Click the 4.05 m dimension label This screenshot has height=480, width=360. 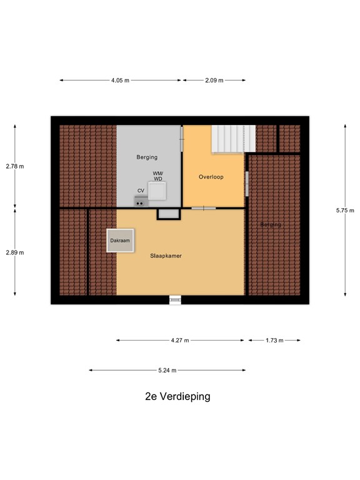[120, 81]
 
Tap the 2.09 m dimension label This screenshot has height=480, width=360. [213, 81]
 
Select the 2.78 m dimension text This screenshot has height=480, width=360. [15, 166]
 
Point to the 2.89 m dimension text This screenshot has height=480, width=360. [15, 252]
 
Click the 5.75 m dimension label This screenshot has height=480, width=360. [345, 211]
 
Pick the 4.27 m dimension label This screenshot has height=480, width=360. [179, 341]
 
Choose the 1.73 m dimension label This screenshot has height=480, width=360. [274, 341]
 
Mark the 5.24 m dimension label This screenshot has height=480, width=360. [167, 371]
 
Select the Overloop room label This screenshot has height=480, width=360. [211, 177]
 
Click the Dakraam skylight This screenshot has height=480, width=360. [120, 240]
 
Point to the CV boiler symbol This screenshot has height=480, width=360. [141, 201]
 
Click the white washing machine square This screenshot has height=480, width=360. [157, 191]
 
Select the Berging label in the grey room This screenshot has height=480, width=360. [147, 157]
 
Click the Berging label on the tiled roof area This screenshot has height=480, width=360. [271, 224]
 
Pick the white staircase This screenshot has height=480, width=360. [233, 138]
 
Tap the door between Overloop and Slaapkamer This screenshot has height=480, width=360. [204, 207]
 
